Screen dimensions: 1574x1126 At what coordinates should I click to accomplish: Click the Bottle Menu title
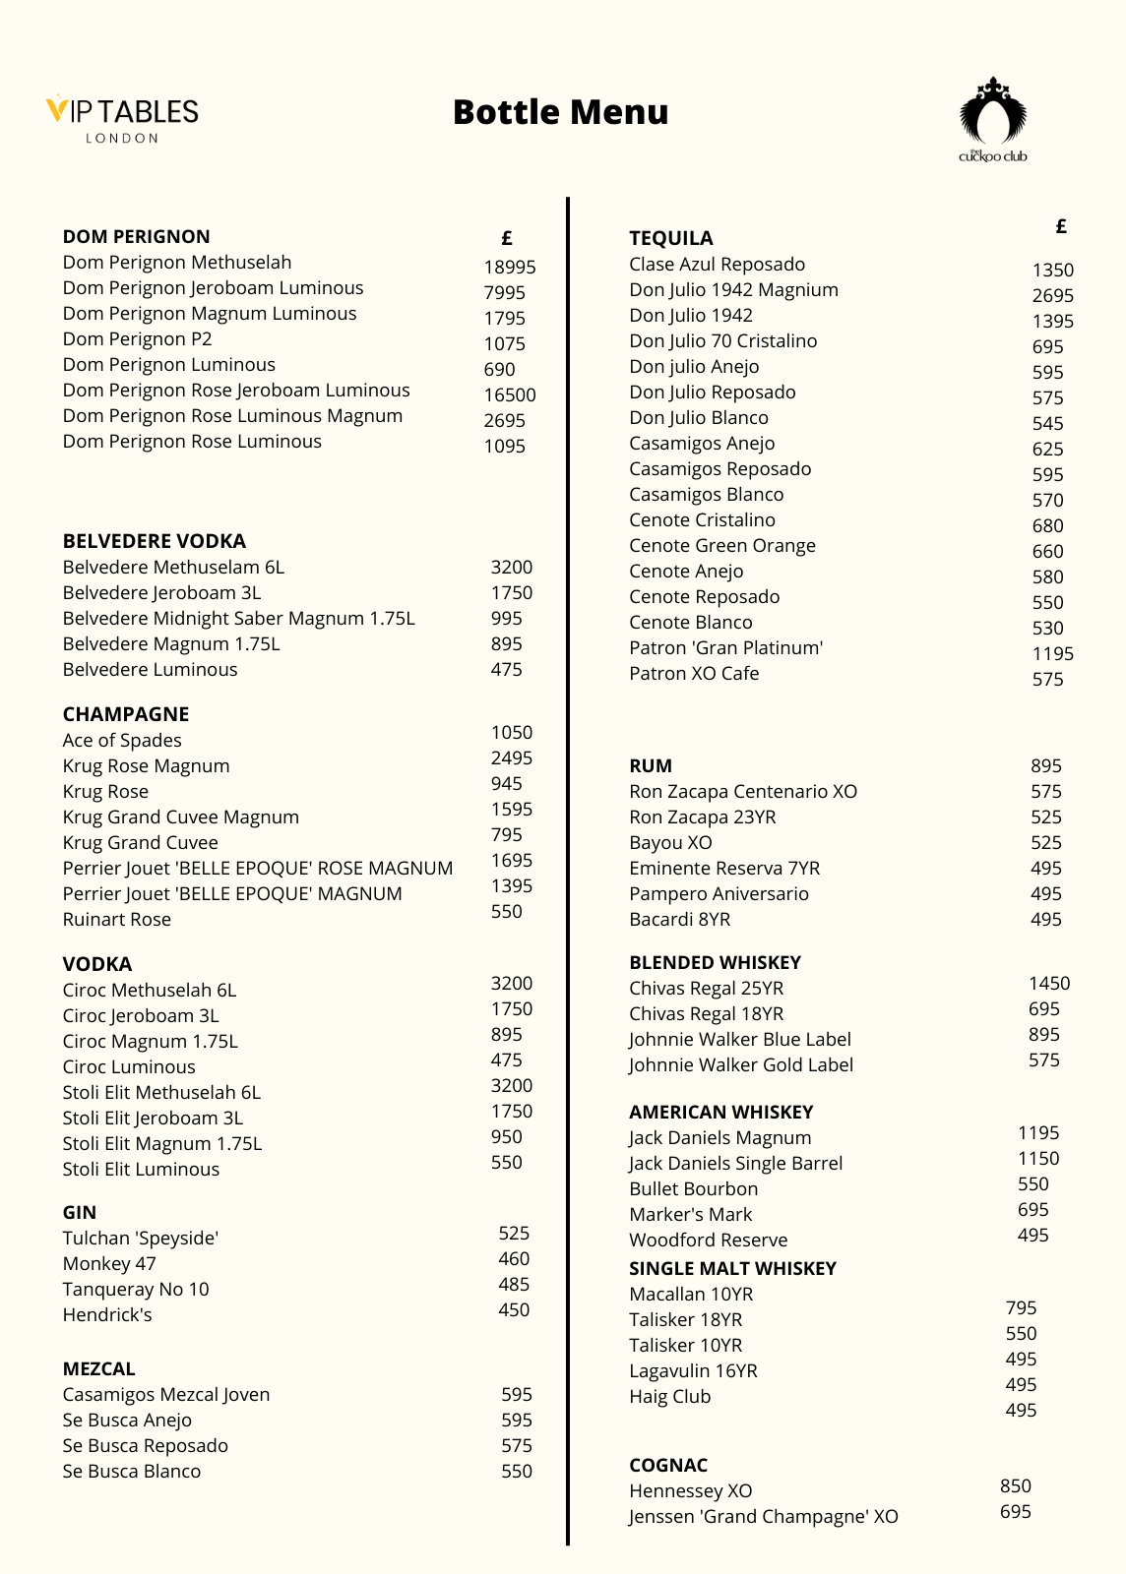click(560, 112)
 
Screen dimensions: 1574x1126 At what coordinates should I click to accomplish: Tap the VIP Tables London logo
click(122, 119)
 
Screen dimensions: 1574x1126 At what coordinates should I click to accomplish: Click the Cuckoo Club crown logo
click(993, 120)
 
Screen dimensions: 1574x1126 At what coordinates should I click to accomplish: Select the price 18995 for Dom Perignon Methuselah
click(510, 267)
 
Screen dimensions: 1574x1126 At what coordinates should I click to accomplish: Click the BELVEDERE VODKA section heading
click(155, 541)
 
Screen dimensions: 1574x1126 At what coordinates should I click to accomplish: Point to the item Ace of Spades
click(122, 741)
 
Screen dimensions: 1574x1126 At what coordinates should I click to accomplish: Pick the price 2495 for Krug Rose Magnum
click(512, 757)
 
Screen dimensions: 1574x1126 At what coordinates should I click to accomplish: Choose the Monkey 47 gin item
click(109, 1264)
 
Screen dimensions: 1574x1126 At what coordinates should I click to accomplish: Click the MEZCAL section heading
click(98, 1368)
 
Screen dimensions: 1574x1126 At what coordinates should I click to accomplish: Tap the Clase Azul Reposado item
click(717, 265)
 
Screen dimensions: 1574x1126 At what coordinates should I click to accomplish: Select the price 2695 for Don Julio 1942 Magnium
click(1052, 295)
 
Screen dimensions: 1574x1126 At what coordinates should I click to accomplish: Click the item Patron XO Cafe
click(694, 674)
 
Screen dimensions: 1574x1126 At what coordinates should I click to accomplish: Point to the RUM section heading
click(651, 765)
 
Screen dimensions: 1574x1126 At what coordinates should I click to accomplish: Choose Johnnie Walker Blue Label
click(740, 1040)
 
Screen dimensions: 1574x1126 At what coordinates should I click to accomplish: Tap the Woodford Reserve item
click(709, 1241)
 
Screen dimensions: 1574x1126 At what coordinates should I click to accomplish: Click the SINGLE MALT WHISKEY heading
click(732, 1268)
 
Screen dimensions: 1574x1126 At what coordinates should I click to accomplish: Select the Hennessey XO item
click(691, 1491)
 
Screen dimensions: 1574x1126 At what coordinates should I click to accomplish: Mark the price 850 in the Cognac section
click(1015, 1485)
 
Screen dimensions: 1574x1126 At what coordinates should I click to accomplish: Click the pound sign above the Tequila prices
click(1061, 226)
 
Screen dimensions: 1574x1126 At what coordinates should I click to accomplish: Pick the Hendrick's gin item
click(107, 1315)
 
